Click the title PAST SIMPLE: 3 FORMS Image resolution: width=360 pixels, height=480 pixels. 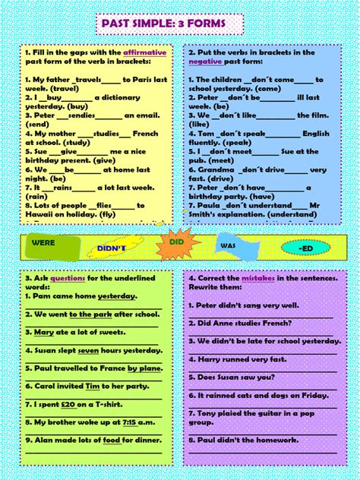(x=181, y=24)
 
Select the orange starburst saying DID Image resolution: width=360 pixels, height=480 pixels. (x=176, y=242)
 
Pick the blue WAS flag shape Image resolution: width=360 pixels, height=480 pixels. (x=229, y=246)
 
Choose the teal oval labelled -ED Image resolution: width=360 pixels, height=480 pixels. (x=305, y=248)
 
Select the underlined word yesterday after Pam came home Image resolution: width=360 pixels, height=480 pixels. (x=117, y=296)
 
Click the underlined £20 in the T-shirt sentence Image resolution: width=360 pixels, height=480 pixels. (x=68, y=404)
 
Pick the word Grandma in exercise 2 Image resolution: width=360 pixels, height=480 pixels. (x=215, y=170)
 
